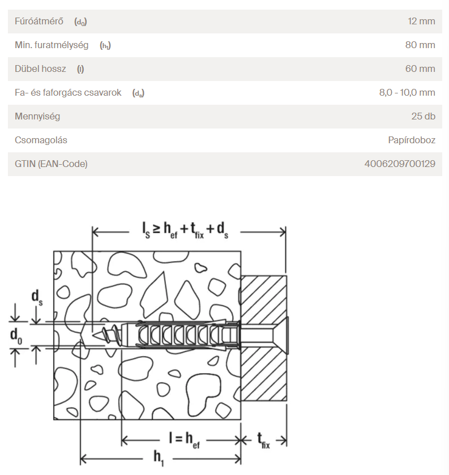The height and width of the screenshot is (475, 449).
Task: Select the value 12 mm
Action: [421, 22]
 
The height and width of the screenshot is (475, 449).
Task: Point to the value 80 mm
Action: [420, 45]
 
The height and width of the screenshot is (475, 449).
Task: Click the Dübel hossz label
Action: [40, 69]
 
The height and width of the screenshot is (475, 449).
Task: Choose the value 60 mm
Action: [420, 69]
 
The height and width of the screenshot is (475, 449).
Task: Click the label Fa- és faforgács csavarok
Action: [68, 93]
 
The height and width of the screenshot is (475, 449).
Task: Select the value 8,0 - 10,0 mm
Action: [407, 93]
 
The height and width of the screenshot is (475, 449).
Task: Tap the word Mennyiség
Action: [37, 117]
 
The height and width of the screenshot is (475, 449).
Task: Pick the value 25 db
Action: [423, 117]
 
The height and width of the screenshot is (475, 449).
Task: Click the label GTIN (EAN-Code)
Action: [52, 164]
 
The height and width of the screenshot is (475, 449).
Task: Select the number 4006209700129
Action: [400, 164]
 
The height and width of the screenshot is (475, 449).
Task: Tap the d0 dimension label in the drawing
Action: [17, 336]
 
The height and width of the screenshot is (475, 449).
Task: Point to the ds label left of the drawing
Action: [37, 298]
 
